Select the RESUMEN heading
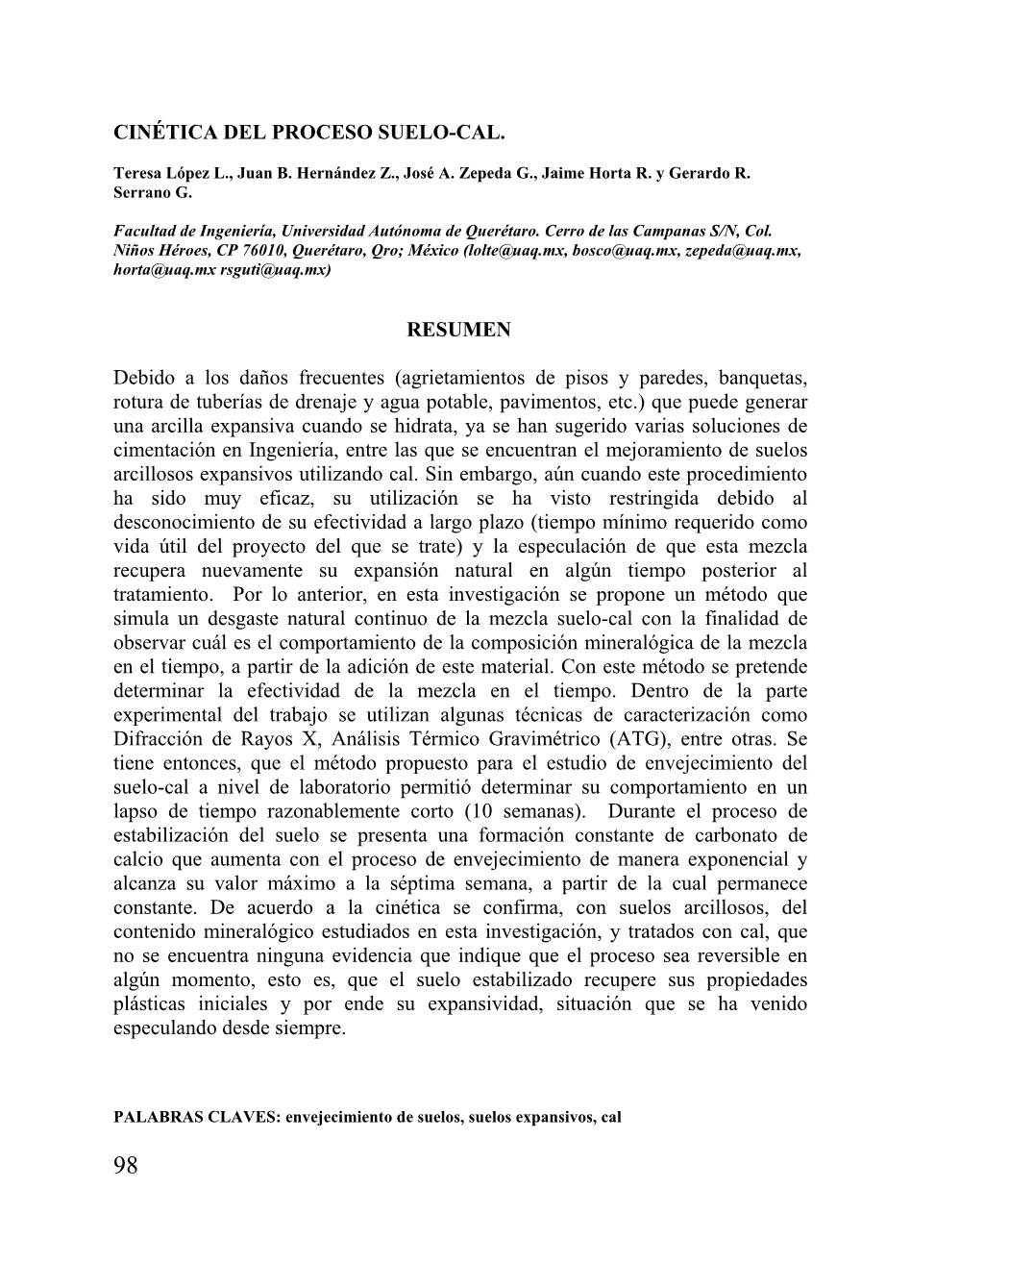pyautogui.click(x=459, y=330)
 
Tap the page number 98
pyautogui.click(x=126, y=1166)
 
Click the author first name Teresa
pyautogui.click(x=136, y=173)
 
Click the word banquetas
pyautogui.click(x=760, y=377)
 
